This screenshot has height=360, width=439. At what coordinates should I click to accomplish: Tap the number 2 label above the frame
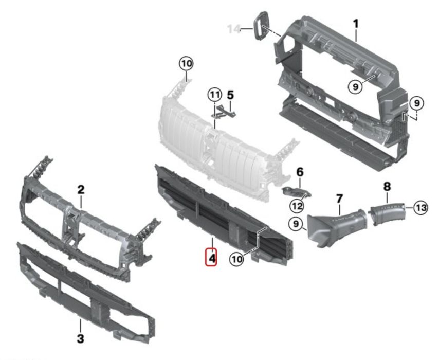pyautogui.click(x=81, y=190)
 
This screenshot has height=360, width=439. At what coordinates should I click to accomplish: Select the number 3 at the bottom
pyautogui.click(x=80, y=338)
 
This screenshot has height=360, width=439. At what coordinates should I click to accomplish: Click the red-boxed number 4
pyautogui.click(x=211, y=258)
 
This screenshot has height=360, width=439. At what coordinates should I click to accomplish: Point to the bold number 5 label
pyautogui.click(x=230, y=95)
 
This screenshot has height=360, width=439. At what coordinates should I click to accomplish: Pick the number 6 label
pyautogui.click(x=300, y=172)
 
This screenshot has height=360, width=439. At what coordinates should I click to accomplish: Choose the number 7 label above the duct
pyautogui.click(x=339, y=199)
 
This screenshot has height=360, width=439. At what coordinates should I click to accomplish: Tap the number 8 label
pyautogui.click(x=387, y=186)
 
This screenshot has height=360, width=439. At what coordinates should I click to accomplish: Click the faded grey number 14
pyautogui.click(x=234, y=29)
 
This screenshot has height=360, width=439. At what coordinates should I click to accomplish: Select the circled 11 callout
pyautogui.click(x=215, y=95)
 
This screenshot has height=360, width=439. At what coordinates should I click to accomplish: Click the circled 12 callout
pyautogui.click(x=297, y=206)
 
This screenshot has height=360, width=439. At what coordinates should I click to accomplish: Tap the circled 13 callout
pyautogui.click(x=420, y=208)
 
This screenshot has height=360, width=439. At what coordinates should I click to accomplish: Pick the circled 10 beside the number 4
pyautogui.click(x=236, y=259)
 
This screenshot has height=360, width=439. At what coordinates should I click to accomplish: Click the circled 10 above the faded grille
pyautogui.click(x=187, y=64)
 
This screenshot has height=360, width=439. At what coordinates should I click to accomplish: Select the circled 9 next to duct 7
pyautogui.click(x=296, y=224)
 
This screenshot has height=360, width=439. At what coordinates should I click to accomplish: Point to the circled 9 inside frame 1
pyautogui.click(x=355, y=86)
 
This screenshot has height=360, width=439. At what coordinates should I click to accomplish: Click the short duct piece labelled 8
pyautogui.click(x=388, y=213)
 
